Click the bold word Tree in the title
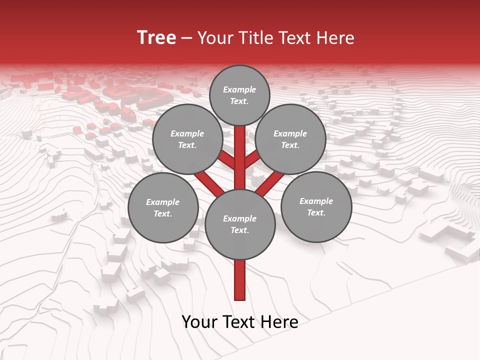(x=156, y=37)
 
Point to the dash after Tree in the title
(x=186, y=38)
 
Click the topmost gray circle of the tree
(x=239, y=95)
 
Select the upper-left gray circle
(x=187, y=139)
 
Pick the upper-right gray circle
(x=290, y=139)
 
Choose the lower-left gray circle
(x=163, y=208)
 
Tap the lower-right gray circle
(x=316, y=207)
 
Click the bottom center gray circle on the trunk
(x=240, y=224)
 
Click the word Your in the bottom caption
(x=199, y=322)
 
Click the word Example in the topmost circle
(x=239, y=90)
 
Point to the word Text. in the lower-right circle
(x=316, y=213)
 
